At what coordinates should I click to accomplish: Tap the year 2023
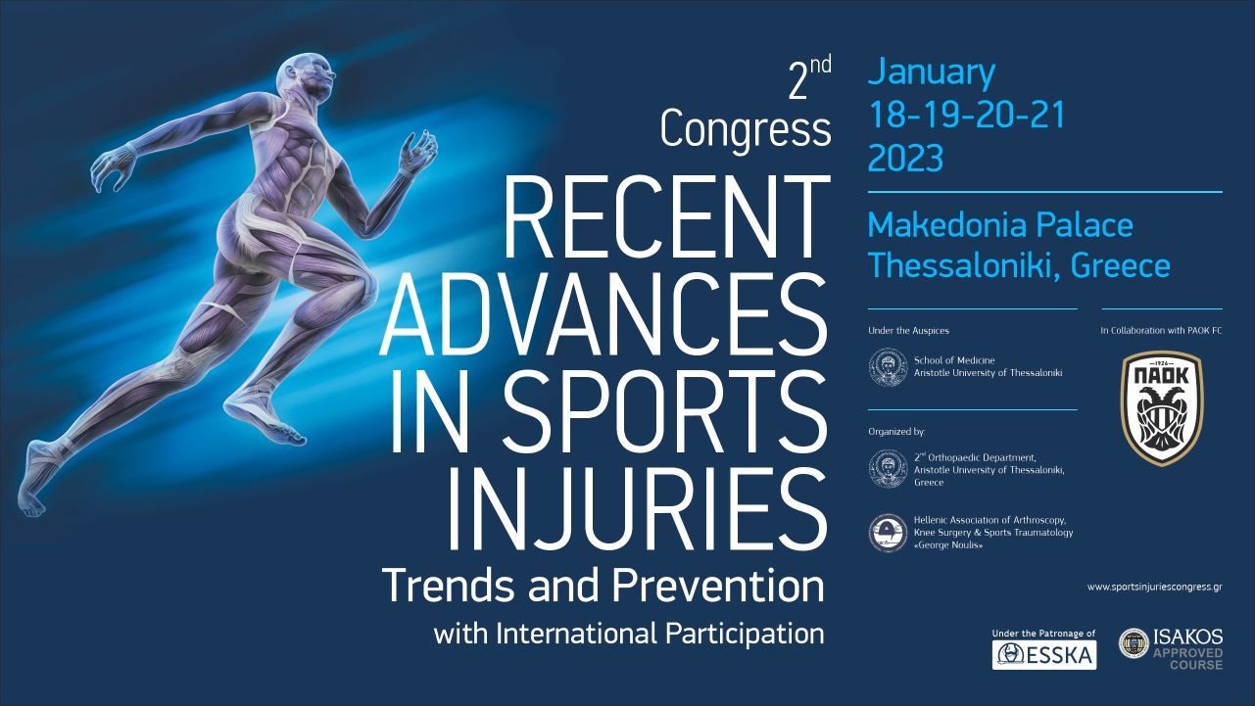point(905,158)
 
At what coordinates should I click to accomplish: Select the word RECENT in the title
point(667,216)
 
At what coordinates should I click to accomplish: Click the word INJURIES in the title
point(637,510)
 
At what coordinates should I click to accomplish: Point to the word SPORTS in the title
point(666,412)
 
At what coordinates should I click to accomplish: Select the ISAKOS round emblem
point(1134,643)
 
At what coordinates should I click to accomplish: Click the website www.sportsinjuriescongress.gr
point(1155,587)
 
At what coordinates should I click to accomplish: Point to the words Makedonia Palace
point(1000,224)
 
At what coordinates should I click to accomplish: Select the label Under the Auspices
point(909,330)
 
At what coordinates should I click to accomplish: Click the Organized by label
point(896,432)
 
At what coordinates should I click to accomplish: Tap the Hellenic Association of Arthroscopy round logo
point(888,533)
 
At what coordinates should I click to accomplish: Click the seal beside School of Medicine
point(888,367)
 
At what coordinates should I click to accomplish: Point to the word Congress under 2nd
point(746,130)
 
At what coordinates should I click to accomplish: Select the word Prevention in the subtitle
point(718,586)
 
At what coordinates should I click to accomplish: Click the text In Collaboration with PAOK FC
point(1161,330)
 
